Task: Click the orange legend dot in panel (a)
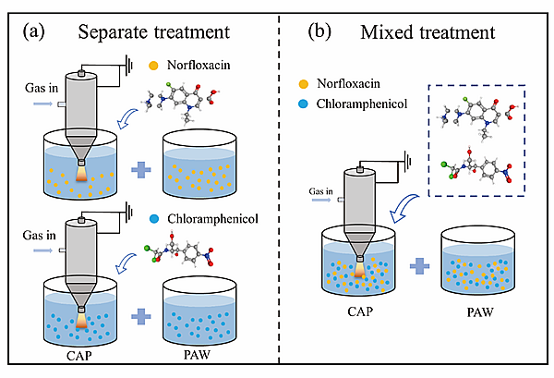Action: click(154, 67)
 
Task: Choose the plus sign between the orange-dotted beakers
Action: click(141, 168)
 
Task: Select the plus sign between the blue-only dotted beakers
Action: click(141, 317)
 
